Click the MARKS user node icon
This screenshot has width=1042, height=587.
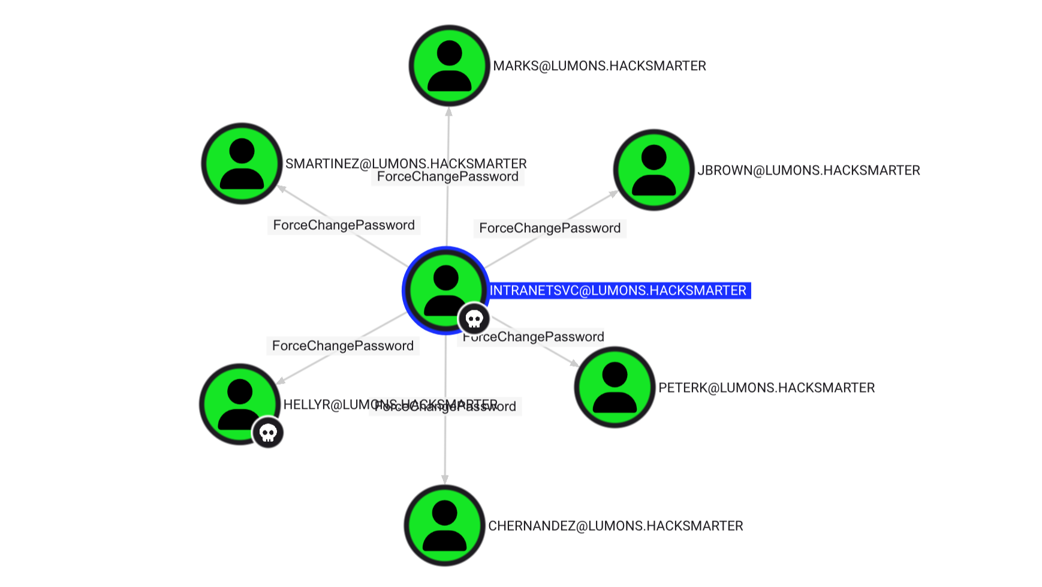point(449,65)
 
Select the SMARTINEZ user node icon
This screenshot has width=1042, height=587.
point(242,164)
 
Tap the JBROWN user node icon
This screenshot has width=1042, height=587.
point(653,170)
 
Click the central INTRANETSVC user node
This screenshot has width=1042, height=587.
point(445,290)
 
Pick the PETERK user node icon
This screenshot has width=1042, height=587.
point(615,387)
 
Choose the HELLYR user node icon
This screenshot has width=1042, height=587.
point(239,403)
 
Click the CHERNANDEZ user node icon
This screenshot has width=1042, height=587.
point(444,525)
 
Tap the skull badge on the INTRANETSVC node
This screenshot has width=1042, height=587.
point(474,319)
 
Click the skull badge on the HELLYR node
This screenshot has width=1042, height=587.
point(268,433)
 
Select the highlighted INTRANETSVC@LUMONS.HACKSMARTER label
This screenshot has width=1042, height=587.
point(618,290)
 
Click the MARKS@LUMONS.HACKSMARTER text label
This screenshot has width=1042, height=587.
point(600,66)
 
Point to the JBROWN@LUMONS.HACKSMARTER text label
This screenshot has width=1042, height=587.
point(808,170)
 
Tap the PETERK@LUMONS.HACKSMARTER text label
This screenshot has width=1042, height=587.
point(766,388)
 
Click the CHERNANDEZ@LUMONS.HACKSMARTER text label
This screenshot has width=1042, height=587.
point(616,526)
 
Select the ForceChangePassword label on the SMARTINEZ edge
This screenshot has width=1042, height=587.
point(344,225)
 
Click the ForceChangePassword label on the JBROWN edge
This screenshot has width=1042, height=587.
point(550,228)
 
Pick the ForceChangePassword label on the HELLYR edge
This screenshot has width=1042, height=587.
point(342,346)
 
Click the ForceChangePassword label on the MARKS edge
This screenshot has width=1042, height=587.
point(448,177)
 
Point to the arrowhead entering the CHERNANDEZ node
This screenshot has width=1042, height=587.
point(445,479)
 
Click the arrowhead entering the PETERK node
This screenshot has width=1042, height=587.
point(574,363)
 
